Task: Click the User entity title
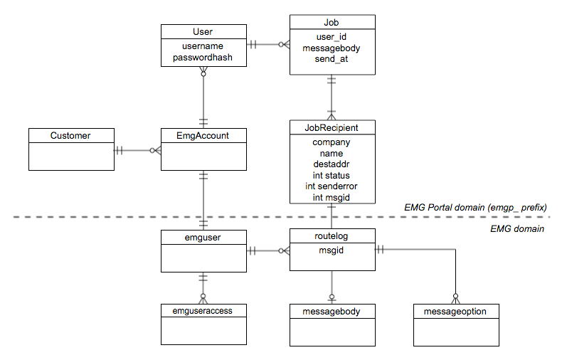click(203, 31)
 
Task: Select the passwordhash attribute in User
click(203, 58)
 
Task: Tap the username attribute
click(203, 46)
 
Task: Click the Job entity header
click(332, 22)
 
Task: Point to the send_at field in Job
click(332, 60)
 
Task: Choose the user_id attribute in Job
click(332, 37)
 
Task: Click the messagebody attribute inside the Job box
click(332, 48)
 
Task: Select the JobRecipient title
click(332, 127)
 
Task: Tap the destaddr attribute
click(332, 164)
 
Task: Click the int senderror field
click(332, 186)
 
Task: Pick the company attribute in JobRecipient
click(332, 142)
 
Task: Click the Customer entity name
click(70, 135)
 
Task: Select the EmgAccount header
click(203, 135)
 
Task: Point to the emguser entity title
click(203, 235)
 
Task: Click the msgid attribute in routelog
click(332, 250)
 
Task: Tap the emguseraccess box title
click(203, 311)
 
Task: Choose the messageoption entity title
click(456, 312)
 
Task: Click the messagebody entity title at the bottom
click(332, 312)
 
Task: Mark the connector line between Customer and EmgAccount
click(137, 150)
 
